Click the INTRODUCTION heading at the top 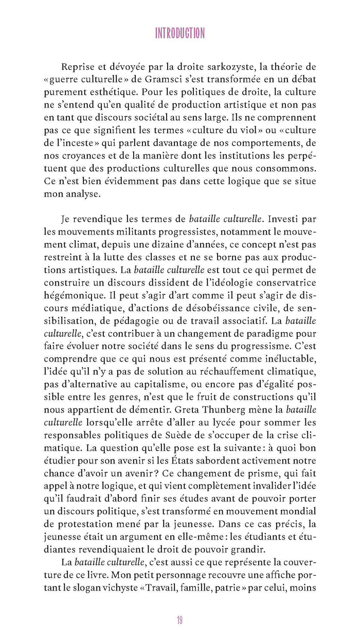(180, 34)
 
